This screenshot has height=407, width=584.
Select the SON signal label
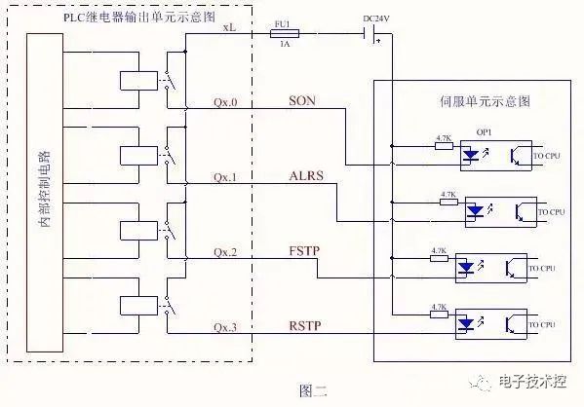click(x=302, y=101)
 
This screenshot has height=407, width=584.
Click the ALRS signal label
click(x=305, y=176)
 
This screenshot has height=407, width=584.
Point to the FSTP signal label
click(x=304, y=251)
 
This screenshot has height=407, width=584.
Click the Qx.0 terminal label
click(x=225, y=102)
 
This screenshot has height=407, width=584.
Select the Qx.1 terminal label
click(x=225, y=177)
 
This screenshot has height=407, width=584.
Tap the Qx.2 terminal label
click(x=225, y=252)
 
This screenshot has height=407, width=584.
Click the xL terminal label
click(x=229, y=28)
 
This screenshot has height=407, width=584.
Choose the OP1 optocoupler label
click(x=484, y=131)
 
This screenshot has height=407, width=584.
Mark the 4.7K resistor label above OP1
click(x=444, y=138)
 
